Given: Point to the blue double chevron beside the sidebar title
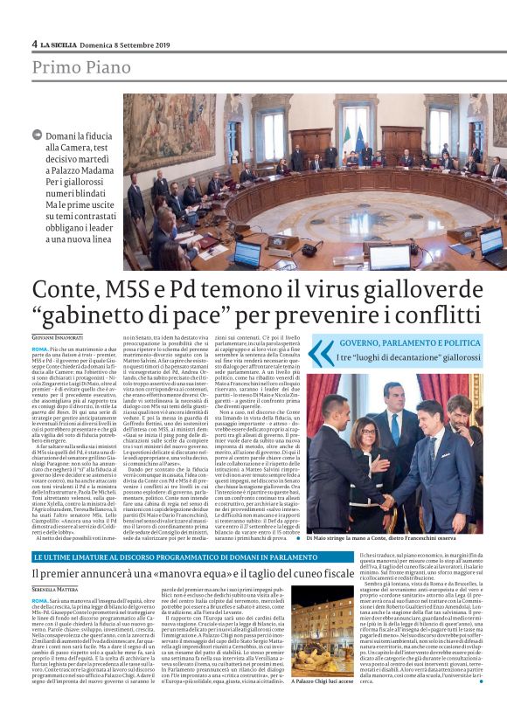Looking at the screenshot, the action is click(x=345, y=352).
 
